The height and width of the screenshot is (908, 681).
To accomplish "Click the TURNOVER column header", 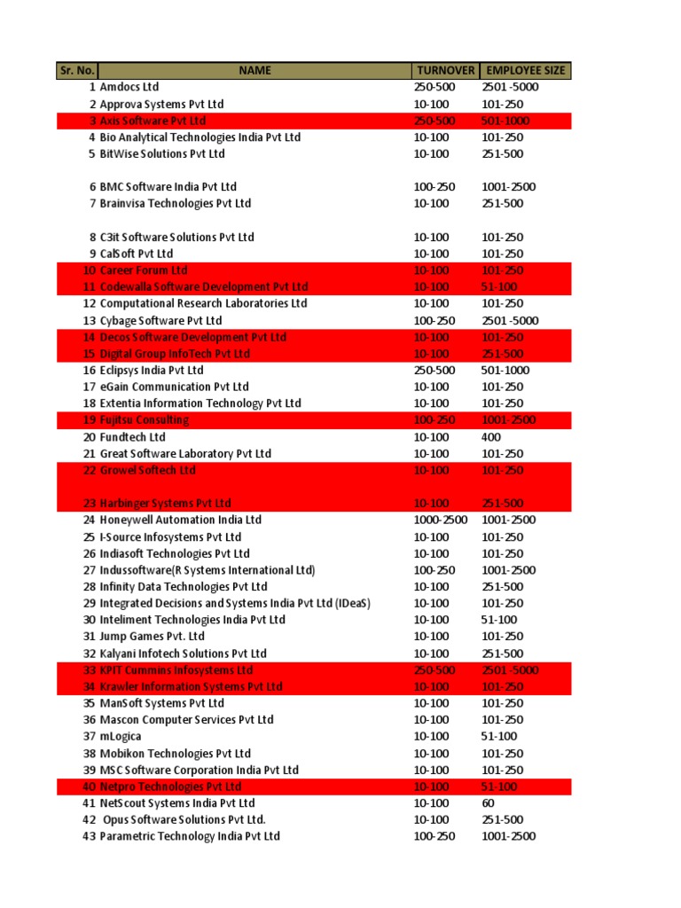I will tap(444, 71).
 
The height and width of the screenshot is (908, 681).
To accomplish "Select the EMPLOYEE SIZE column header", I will tap(525, 71).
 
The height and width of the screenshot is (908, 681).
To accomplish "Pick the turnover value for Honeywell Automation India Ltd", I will tap(440, 521).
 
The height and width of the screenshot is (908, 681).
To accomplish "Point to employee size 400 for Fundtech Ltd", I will tap(491, 437).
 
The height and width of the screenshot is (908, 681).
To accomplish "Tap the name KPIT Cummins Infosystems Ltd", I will tap(176, 670).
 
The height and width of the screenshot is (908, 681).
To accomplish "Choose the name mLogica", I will tap(121, 737).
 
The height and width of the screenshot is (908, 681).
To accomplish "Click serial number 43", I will tap(89, 836).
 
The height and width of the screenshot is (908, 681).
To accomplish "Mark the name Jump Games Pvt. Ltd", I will tap(153, 637).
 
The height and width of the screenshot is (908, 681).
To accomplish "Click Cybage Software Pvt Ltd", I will tap(161, 320).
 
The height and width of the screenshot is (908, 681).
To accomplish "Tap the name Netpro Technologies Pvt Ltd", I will tap(171, 787).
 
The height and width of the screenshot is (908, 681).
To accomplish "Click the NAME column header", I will tap(254, 71).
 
